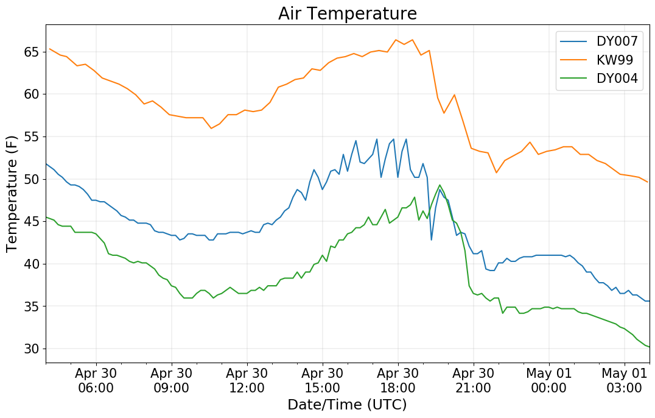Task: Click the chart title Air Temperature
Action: point(347,13)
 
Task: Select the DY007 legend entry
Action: point(617,41)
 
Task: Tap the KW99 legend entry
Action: point(614,60)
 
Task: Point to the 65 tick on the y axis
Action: point(32,52)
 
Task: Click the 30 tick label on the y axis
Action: point(32,349)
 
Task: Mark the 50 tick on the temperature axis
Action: point(32,179)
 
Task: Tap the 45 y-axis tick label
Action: point(32,222)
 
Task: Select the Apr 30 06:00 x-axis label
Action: point(96,381)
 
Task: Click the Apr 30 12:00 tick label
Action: point(247,381)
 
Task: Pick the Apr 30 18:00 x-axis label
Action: point(398,381)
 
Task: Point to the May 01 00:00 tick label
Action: point(548,381)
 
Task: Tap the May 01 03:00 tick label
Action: point(624,381)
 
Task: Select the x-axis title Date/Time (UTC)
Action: point(347,405)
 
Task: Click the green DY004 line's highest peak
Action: point(440,185)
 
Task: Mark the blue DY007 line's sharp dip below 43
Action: point(431,239)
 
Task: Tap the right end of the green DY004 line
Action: point(649,347)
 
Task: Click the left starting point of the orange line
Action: point(49,49)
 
